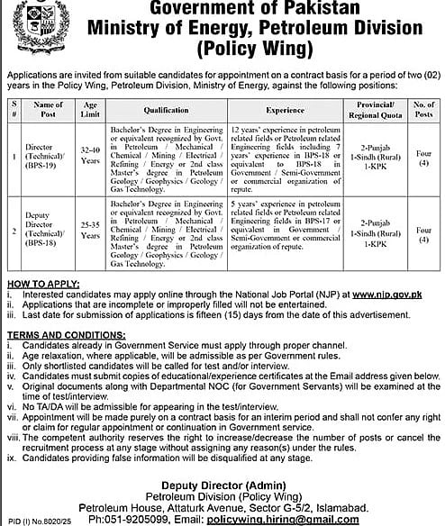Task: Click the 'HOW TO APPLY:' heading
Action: pos(41,281)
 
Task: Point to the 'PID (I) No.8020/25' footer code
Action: pos(33,520)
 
